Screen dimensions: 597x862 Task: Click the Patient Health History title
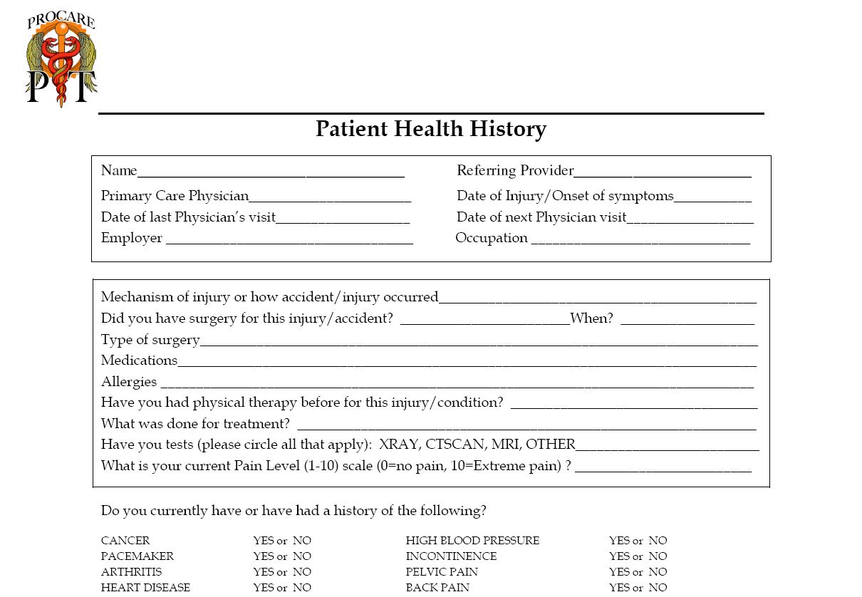tap(431, 129)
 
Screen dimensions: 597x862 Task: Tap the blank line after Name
tap(271, 174)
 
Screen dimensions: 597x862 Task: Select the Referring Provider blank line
tap(663, 174)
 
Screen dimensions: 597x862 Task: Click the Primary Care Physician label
tap(175, 196)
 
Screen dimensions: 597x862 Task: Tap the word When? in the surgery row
tap(592, 318)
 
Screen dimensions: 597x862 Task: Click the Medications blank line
tap(467, 364)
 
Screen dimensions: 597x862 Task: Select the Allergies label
tap(129, 382)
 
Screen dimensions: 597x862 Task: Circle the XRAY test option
tap(399, 445)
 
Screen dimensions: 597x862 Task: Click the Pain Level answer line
tap(663, 469)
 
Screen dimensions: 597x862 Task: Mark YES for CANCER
tap(263, 541)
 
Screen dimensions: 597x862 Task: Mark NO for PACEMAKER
tap(302, 556)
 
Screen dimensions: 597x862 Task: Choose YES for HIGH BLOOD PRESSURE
tap(619, 541)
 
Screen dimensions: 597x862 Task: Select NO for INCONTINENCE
tap(658, 556)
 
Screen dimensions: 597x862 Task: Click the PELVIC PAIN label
tap(442, 572)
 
